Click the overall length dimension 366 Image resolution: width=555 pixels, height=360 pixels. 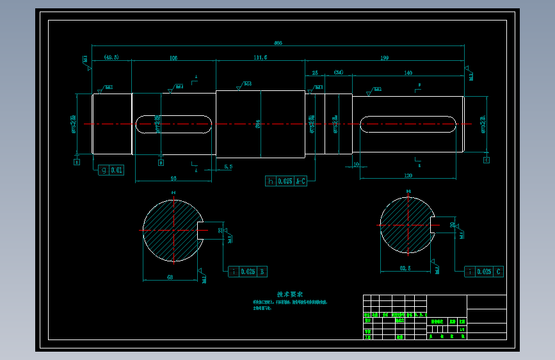[x=278, y=43]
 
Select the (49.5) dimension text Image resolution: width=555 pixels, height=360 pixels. [x=111, y=58]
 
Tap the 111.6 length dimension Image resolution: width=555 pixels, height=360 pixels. [x=260, y=58]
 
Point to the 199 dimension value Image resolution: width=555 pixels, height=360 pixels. [x=384, y=58]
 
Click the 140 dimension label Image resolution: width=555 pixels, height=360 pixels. [x=408, y=73]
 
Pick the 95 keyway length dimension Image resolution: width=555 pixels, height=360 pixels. [x=173, y=177]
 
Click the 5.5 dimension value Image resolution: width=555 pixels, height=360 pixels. [x=229, y=167]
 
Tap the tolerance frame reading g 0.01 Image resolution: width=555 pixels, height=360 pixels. [x=111, y=170]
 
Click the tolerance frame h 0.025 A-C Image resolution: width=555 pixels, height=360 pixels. [x=286, y=181]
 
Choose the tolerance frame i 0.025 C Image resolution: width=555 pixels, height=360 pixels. [x=484, y=272]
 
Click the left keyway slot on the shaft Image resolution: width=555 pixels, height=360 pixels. [x=173, y=124]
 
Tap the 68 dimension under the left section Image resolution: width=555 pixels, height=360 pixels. [x=170, y=277]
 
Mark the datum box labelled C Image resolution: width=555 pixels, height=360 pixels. [x=487, y=160]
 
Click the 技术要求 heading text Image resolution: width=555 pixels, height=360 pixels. [x=289, y=295]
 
